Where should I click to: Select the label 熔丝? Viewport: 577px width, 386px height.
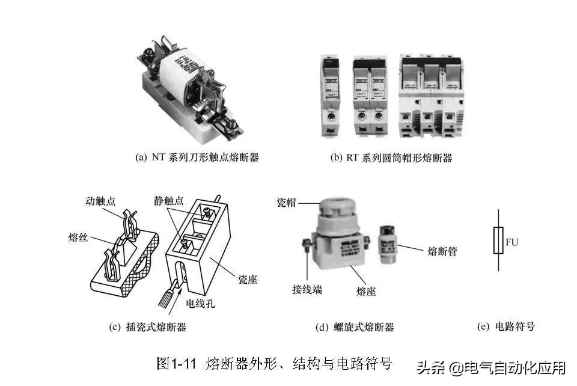coord(78,238)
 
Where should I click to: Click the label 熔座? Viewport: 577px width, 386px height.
coord(366,291)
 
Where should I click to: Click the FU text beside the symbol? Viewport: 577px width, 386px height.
coord(512,242)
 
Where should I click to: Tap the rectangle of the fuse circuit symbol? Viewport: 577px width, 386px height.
coord(498,240)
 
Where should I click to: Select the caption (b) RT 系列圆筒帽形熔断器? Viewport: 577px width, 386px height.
coord(391,158)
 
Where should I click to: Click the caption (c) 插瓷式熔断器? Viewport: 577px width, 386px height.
coord(148,327)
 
